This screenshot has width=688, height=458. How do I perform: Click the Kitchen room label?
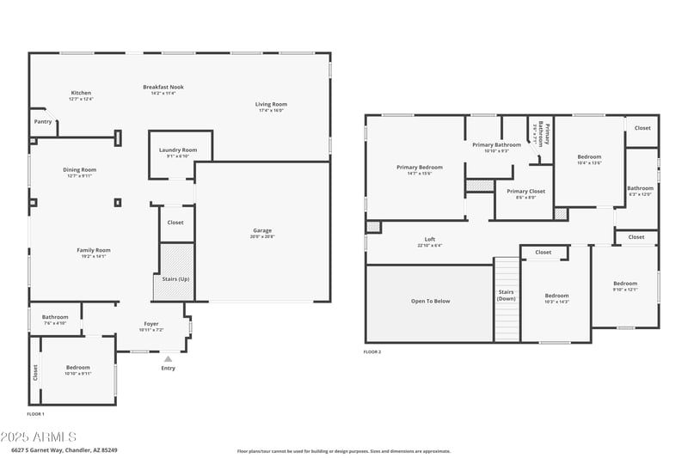81,93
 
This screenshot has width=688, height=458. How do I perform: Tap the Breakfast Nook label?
163,87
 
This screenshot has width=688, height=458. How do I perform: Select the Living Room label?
270,105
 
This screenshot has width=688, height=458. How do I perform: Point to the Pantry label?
43,122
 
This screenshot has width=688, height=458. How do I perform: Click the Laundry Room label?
178,150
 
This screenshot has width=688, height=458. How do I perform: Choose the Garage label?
262,230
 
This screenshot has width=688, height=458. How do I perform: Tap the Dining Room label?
79,170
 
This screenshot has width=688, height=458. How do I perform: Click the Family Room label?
95,250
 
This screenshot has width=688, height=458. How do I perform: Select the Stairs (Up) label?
176,278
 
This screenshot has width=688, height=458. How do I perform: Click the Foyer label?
150,324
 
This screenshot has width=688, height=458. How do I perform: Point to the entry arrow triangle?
168,359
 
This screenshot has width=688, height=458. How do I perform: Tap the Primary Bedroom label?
420,167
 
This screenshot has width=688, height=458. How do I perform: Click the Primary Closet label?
526,192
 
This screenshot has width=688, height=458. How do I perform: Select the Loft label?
430,240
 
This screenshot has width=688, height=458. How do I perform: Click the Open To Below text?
430,301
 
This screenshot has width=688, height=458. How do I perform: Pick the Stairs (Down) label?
506,295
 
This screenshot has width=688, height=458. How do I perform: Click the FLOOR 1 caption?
35,413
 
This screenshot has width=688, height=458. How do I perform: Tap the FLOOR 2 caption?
372,352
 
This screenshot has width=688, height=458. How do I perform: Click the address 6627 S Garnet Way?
64,449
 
